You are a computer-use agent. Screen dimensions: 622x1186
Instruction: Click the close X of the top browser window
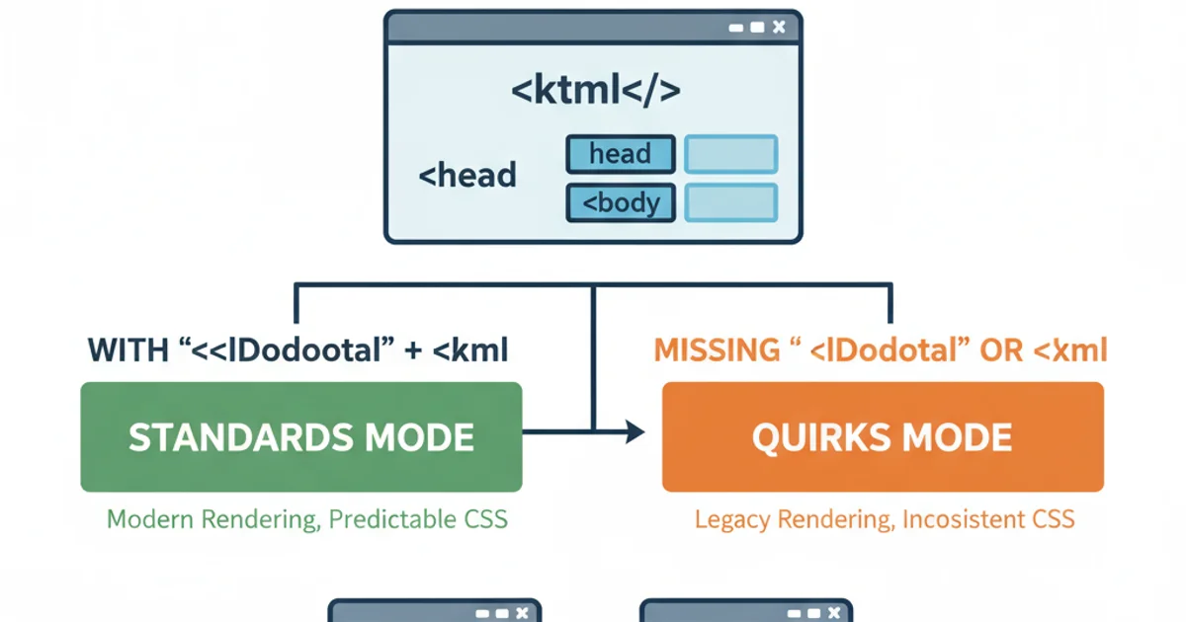tap(779, 28)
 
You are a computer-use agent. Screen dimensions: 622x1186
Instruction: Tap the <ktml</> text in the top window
tap(595, 91)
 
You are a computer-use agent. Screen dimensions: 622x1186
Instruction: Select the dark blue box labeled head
tap(620, 154)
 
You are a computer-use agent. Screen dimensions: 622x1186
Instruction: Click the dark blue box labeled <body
tap(620, 202)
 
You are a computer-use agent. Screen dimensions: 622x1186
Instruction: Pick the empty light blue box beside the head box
tap(731, 154)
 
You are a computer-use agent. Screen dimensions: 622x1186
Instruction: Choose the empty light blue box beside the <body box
tap(731, 202)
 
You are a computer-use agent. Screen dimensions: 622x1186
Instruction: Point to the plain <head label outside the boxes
tap(467, 176)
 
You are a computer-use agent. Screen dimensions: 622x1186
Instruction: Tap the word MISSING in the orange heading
tap(711, 350)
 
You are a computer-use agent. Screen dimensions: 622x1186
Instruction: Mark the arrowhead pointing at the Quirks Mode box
tap(635, 431)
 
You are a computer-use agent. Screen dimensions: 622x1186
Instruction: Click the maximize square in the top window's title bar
tap(757, 28)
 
